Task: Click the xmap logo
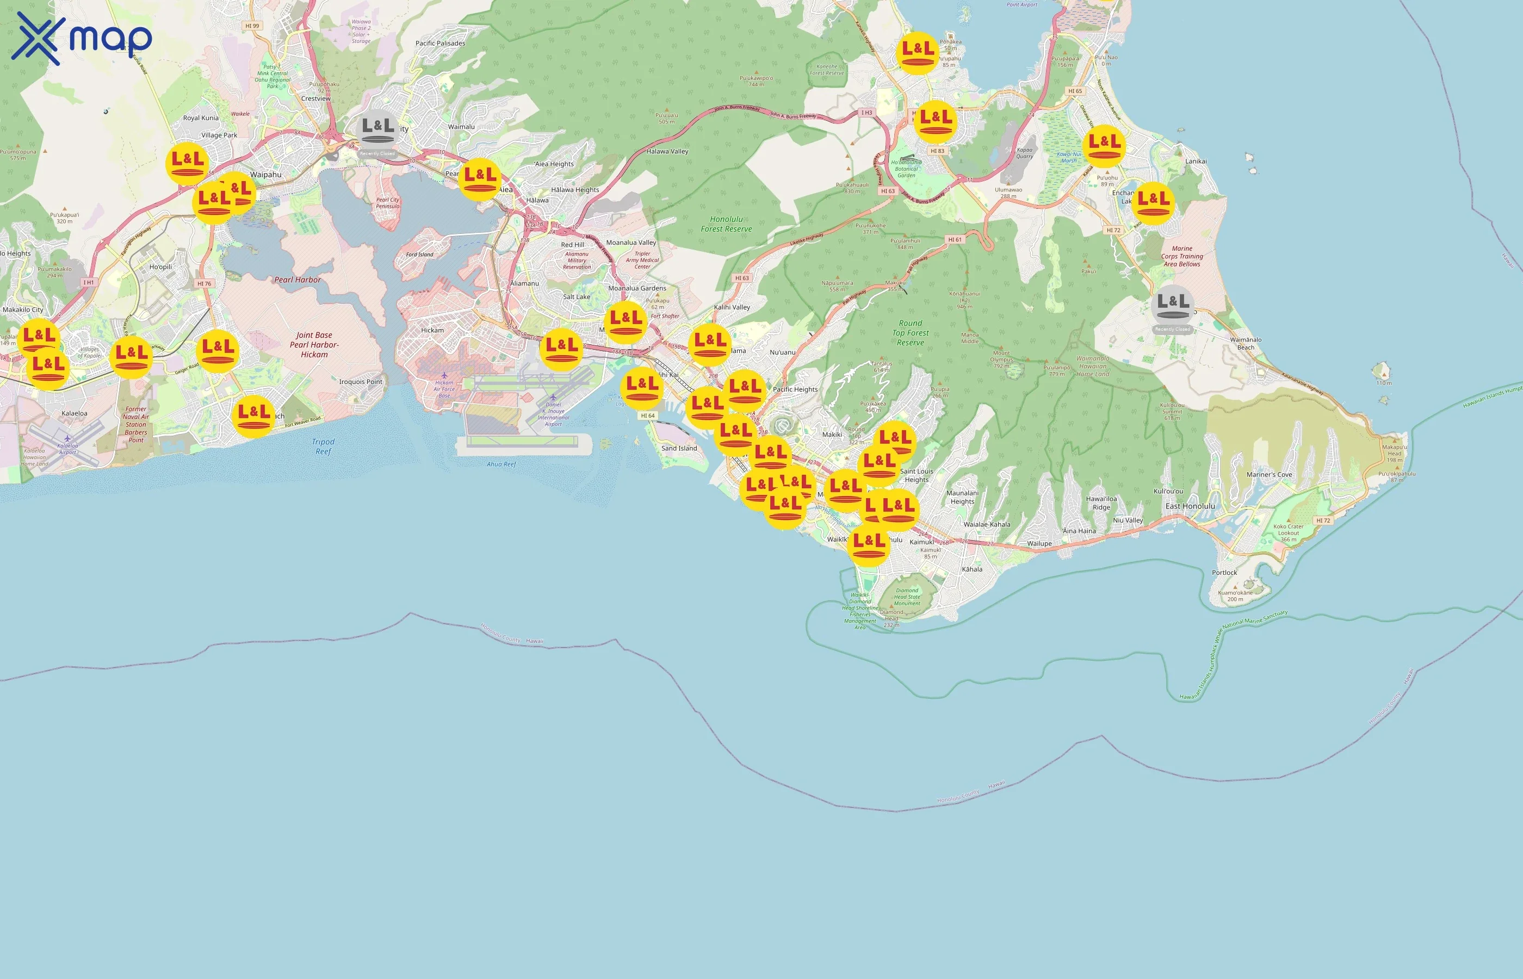coord(82,38)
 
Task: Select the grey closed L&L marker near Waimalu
coord(377,131)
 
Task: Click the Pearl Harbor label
coord(298,280)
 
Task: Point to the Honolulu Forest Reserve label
coord(726,224)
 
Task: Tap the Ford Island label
coord(419,255)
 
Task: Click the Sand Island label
coord(679,448)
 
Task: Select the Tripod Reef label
coord(323,447)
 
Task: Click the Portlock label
coord(1224,572)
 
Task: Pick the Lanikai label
coord(1196,162)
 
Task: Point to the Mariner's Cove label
coord(1269,474)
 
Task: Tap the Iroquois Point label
coord(361,381)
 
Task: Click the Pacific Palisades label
coord(440,43)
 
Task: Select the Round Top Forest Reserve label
coord(910,332)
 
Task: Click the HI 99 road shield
coord(252,26)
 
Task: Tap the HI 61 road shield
coord(955,240)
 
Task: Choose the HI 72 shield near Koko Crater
coord(1323,520)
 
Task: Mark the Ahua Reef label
coord(501,464)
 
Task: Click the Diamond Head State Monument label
coord(907,596)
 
